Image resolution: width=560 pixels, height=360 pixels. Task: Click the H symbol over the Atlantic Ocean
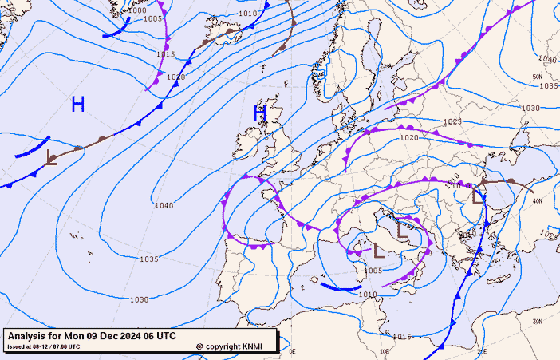[77, 104]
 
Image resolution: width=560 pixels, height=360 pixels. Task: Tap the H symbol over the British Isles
[259, 113]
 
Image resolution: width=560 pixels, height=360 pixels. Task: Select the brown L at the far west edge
[52, 157]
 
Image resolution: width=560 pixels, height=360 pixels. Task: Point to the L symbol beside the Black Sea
[478, 194]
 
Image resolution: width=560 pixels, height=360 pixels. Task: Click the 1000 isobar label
[137, 10]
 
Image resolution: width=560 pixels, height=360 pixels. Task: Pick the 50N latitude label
[537, 77]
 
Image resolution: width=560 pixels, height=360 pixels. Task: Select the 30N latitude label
[537, 322]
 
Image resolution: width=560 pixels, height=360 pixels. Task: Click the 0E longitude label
[292, 351]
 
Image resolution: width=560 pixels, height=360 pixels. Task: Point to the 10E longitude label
[385, 351]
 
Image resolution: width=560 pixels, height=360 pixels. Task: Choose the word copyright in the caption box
[226, 347]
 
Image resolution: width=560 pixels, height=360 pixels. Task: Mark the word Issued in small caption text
[16, 346]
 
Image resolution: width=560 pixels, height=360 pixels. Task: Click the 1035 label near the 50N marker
[548, 85]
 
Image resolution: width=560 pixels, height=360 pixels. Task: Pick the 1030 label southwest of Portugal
[139, 299]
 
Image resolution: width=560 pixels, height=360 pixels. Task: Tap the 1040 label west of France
[164, 205]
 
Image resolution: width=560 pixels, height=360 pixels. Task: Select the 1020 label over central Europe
[409, 137]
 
